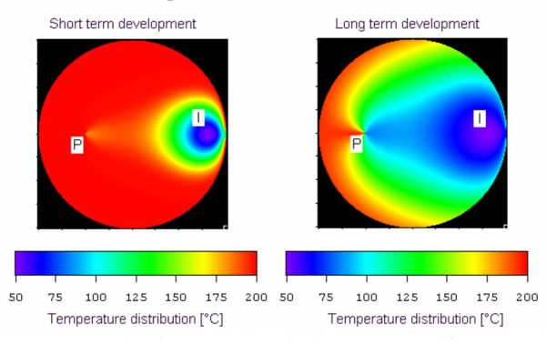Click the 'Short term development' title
[123, 24]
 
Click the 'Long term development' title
[407, 24]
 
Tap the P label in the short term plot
[77, 145]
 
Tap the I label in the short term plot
[198, 117]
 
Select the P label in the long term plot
[356, 144]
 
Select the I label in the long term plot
[480, 118]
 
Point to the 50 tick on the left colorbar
[16, 298]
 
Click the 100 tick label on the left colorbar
[96, 298]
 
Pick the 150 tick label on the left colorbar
[176, 298]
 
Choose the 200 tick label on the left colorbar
[257, 298]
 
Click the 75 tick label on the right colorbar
[327, 298]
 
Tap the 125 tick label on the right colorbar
[407, 298]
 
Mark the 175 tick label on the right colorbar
[487, 298]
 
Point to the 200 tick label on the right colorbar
[527, 298]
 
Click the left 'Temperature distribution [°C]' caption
[136, 319]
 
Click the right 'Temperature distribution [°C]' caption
[416, 319]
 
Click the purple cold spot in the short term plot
[207, 136]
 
